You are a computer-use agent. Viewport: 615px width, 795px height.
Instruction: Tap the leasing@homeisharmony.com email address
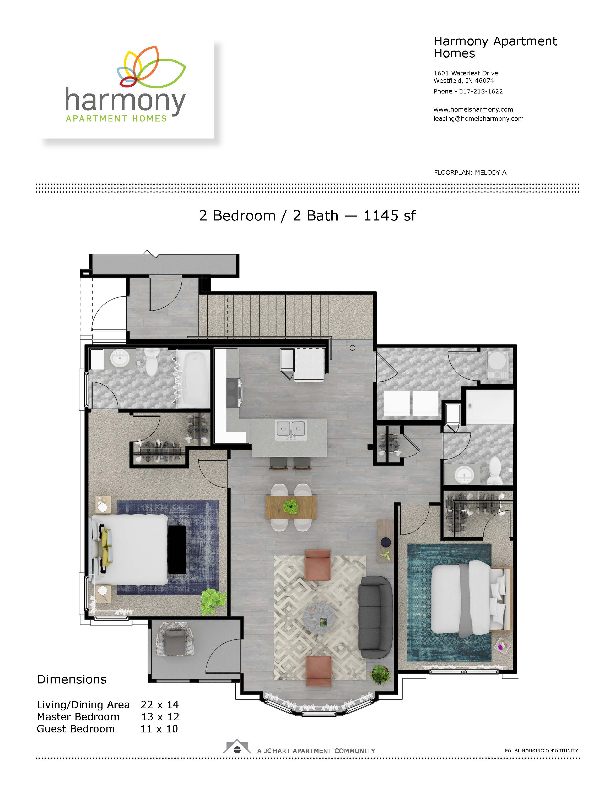(478, 119)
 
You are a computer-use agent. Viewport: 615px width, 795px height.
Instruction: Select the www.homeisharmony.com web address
(473, 109)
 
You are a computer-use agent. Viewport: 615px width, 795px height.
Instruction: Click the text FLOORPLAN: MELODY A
(470, 173)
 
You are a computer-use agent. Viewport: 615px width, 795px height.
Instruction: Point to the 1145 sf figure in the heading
(390, 216)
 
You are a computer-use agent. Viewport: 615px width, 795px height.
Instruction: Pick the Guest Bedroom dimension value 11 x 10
(159, 729)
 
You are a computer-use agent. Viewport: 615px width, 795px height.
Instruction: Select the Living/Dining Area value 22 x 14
(160, 705)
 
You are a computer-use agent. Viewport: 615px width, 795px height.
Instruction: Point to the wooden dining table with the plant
(291, 507)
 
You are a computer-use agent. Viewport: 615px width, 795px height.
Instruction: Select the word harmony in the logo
(125, 101)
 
